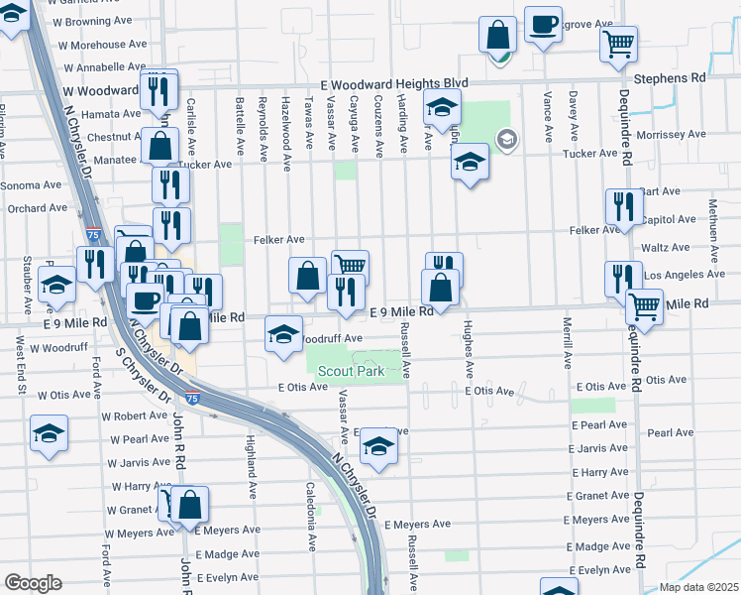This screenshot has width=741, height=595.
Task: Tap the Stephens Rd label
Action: (x=671, y=76)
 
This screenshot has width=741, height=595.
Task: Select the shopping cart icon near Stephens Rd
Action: (x=618, y=43)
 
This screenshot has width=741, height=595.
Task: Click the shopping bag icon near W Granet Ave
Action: (x=189, y=505)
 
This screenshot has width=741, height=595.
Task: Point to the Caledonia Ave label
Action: (x=310, y=503)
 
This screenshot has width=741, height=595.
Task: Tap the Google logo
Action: (x=33, y=582)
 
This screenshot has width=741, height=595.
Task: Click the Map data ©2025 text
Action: (x=699, y=587)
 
